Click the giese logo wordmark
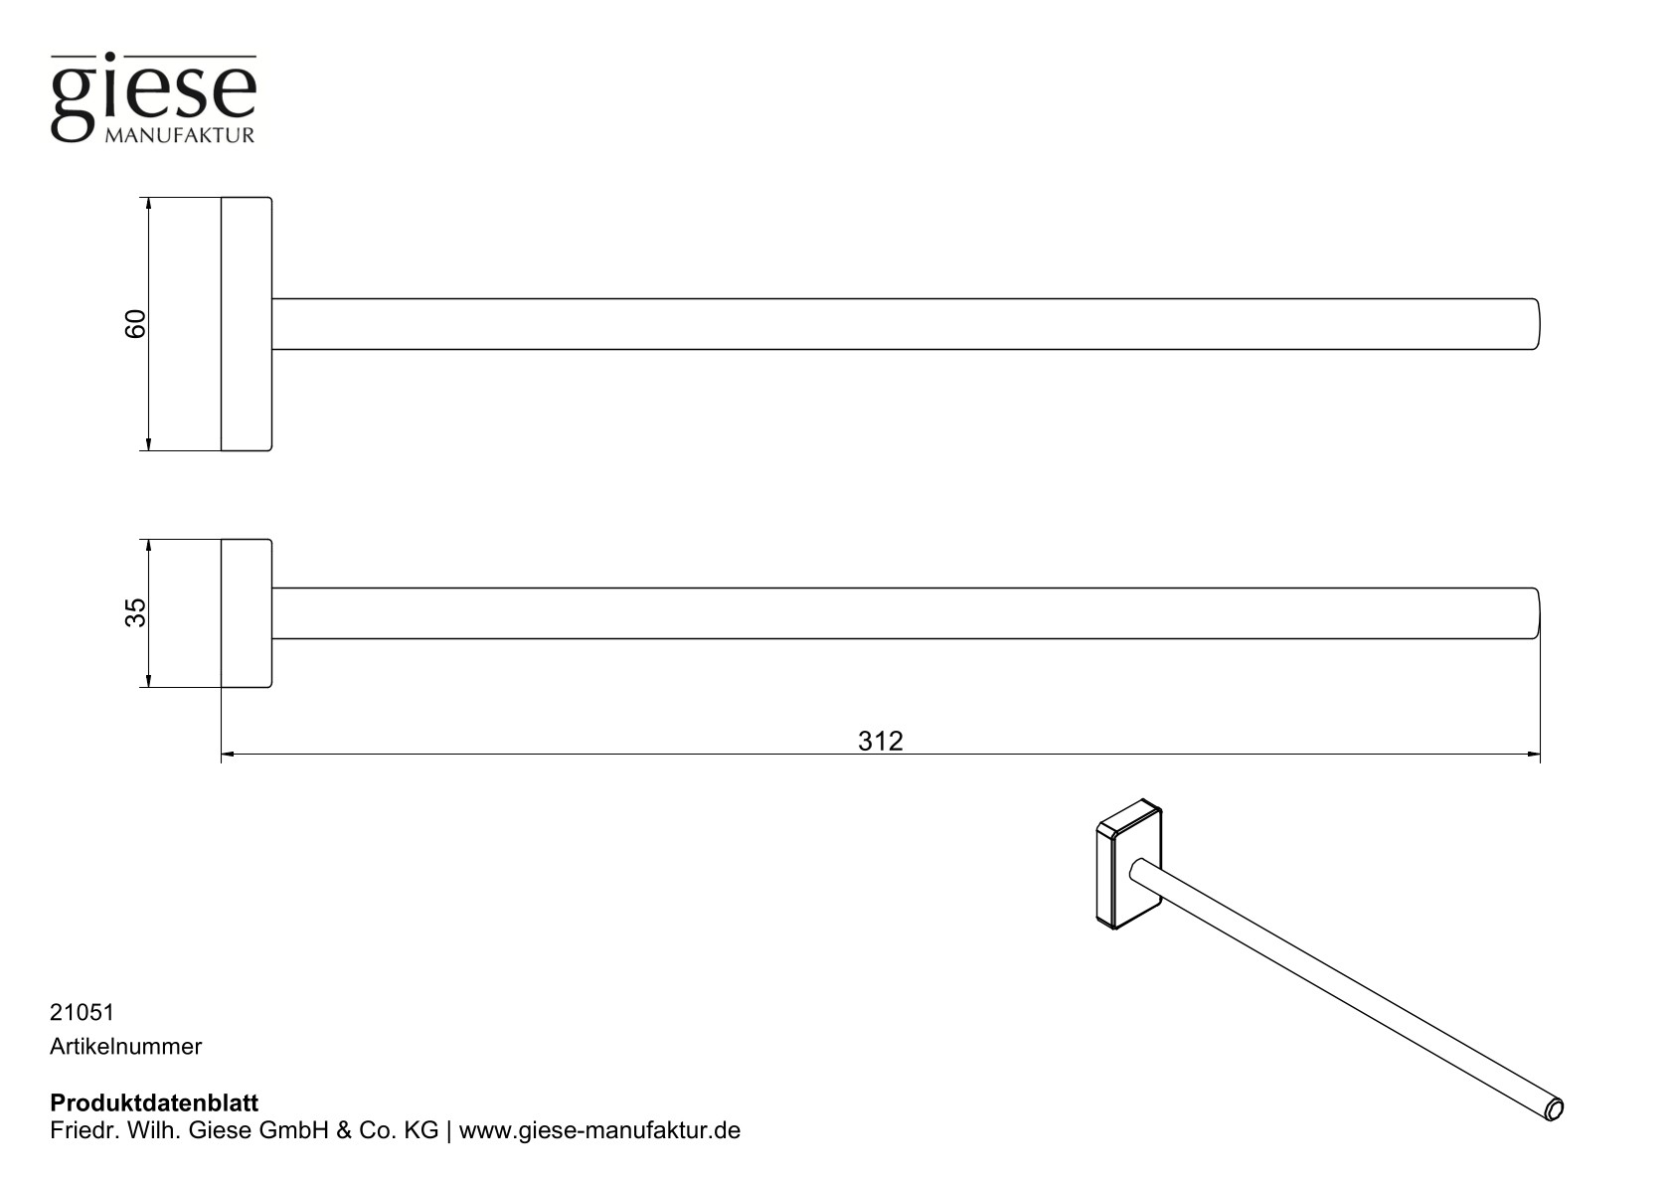[x=153, y=91]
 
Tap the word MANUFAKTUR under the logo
[x=179, y=134]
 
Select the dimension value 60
[x=135, y=323]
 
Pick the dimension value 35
[x=135, y=612]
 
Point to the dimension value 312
[x=880, y=742]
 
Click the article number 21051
[x=83, y=1012]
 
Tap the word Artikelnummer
[x=125, y=1046]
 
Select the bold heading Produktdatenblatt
[x=154, y=1103]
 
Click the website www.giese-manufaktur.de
[x=599, y=1131]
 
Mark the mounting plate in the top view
[x=246, y=324]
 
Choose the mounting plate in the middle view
[x=246, y=613]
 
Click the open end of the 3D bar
[x=1555, y=1109]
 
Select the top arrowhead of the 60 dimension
[x=148, y=204]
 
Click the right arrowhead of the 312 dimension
[x=1534, y=755]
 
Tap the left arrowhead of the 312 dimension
[x=228, y=755]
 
